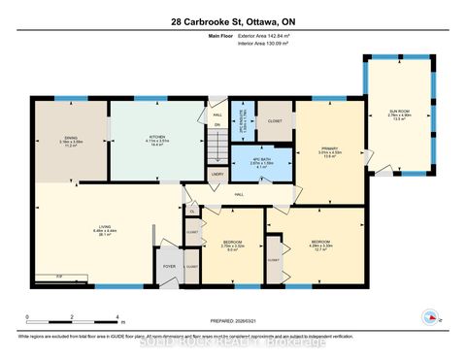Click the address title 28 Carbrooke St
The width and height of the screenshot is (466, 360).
click(x=232, y=21)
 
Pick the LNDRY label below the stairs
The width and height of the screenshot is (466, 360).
click(x=218, y=175)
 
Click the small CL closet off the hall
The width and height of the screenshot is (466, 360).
click(x=192, y=211)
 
